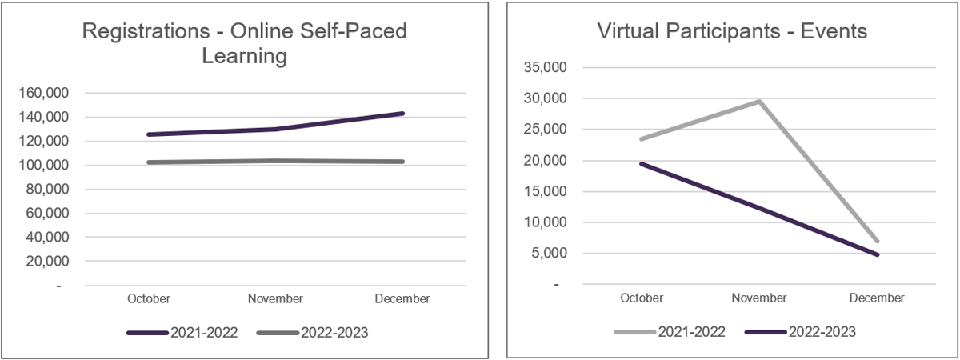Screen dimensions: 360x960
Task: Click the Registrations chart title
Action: [x=245, y=44]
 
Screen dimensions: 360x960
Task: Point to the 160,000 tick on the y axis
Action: [x=44, y=94]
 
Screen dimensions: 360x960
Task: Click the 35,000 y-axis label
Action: [x=544, y=68]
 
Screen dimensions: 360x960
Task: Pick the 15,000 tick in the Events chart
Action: [x=544, y=192]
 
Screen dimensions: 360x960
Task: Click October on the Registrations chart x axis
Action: [x=149, y=298]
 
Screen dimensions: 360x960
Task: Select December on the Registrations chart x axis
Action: [x=402, y=298]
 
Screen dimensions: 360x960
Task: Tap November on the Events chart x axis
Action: [x=759, y=298]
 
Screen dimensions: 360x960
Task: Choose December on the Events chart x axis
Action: [x=878, y=298]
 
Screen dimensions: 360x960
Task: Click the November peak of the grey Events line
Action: [x=759, y=101]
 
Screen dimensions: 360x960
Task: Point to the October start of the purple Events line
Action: [x=642, y=163]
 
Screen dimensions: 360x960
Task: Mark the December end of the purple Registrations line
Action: [x=403, y=114]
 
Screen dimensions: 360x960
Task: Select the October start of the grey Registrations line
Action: [x=149, y=162]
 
